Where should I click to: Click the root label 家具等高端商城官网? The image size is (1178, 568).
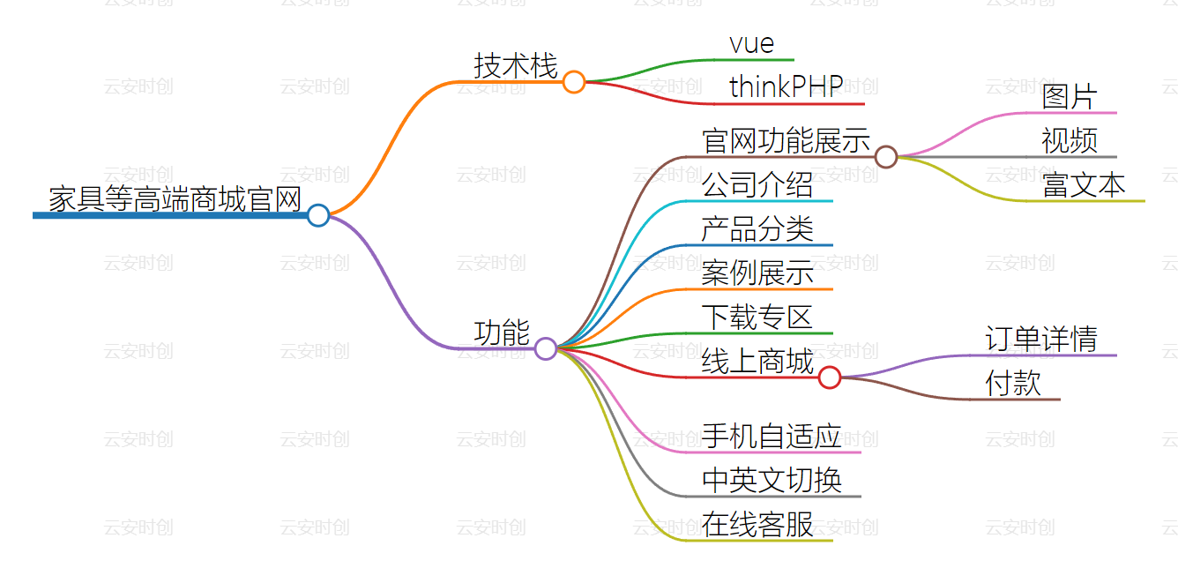[x=175, y=199]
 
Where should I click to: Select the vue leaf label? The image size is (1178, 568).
[x=751, y=43]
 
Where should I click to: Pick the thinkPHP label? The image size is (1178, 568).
[x=787, y=86]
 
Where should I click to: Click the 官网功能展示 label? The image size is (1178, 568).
[x=786, y=141]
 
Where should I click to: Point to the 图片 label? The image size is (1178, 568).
[x=1069, y=97]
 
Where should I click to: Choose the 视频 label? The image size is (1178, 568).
[x=1069, y=141]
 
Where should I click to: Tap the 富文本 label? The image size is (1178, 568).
[x=1084, y=185]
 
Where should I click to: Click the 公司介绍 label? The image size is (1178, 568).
[x=757, y=185]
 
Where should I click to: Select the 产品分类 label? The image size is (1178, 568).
[x=757, y=229]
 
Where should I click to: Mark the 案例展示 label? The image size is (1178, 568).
[x=757, y=273]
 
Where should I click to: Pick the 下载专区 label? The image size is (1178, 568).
[x=757, y=318]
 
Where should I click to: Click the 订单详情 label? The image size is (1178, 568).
[x=1040, y=340]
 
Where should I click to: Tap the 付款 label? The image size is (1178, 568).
[x=1013, y=384]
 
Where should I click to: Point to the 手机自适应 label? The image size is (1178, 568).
[x=772, y=436]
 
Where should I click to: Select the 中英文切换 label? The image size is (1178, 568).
[x=772, y=480]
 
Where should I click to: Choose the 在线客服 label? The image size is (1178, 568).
[x=757, y=524]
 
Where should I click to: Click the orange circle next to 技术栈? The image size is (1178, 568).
[x=574, y=82]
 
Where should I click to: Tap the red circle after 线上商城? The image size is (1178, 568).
[x=829, y=377]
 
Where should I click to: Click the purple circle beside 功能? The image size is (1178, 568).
[x=546, y=348]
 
